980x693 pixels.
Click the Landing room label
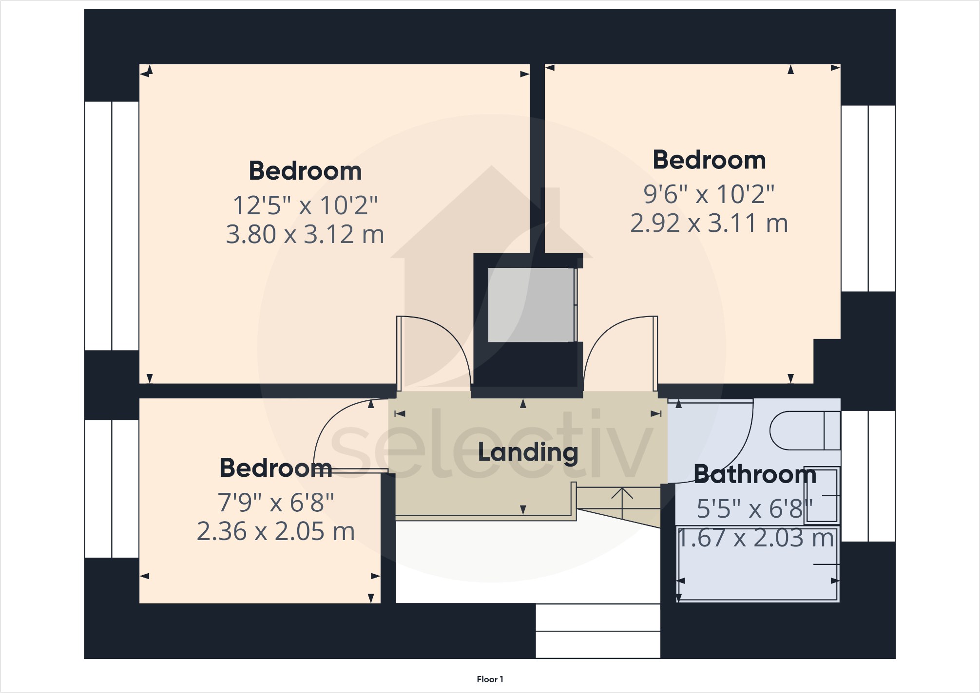tap(528, 452)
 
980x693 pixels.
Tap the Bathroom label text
tap(754, 474)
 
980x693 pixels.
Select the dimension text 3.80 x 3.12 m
tap(305, 234)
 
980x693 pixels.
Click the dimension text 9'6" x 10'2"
tap(709, 194)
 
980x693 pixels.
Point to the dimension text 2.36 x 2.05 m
tap(276, 531)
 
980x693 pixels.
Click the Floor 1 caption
tap(490, 679)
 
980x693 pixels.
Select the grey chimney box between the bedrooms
tap(531, 305)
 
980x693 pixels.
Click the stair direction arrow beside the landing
tap(622, 502)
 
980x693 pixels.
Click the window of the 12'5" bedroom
tap(112, 226)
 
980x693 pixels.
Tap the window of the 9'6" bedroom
tap(868, 198)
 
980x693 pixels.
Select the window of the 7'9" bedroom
tap(112, 488)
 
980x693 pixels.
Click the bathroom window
tap(868, 476)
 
